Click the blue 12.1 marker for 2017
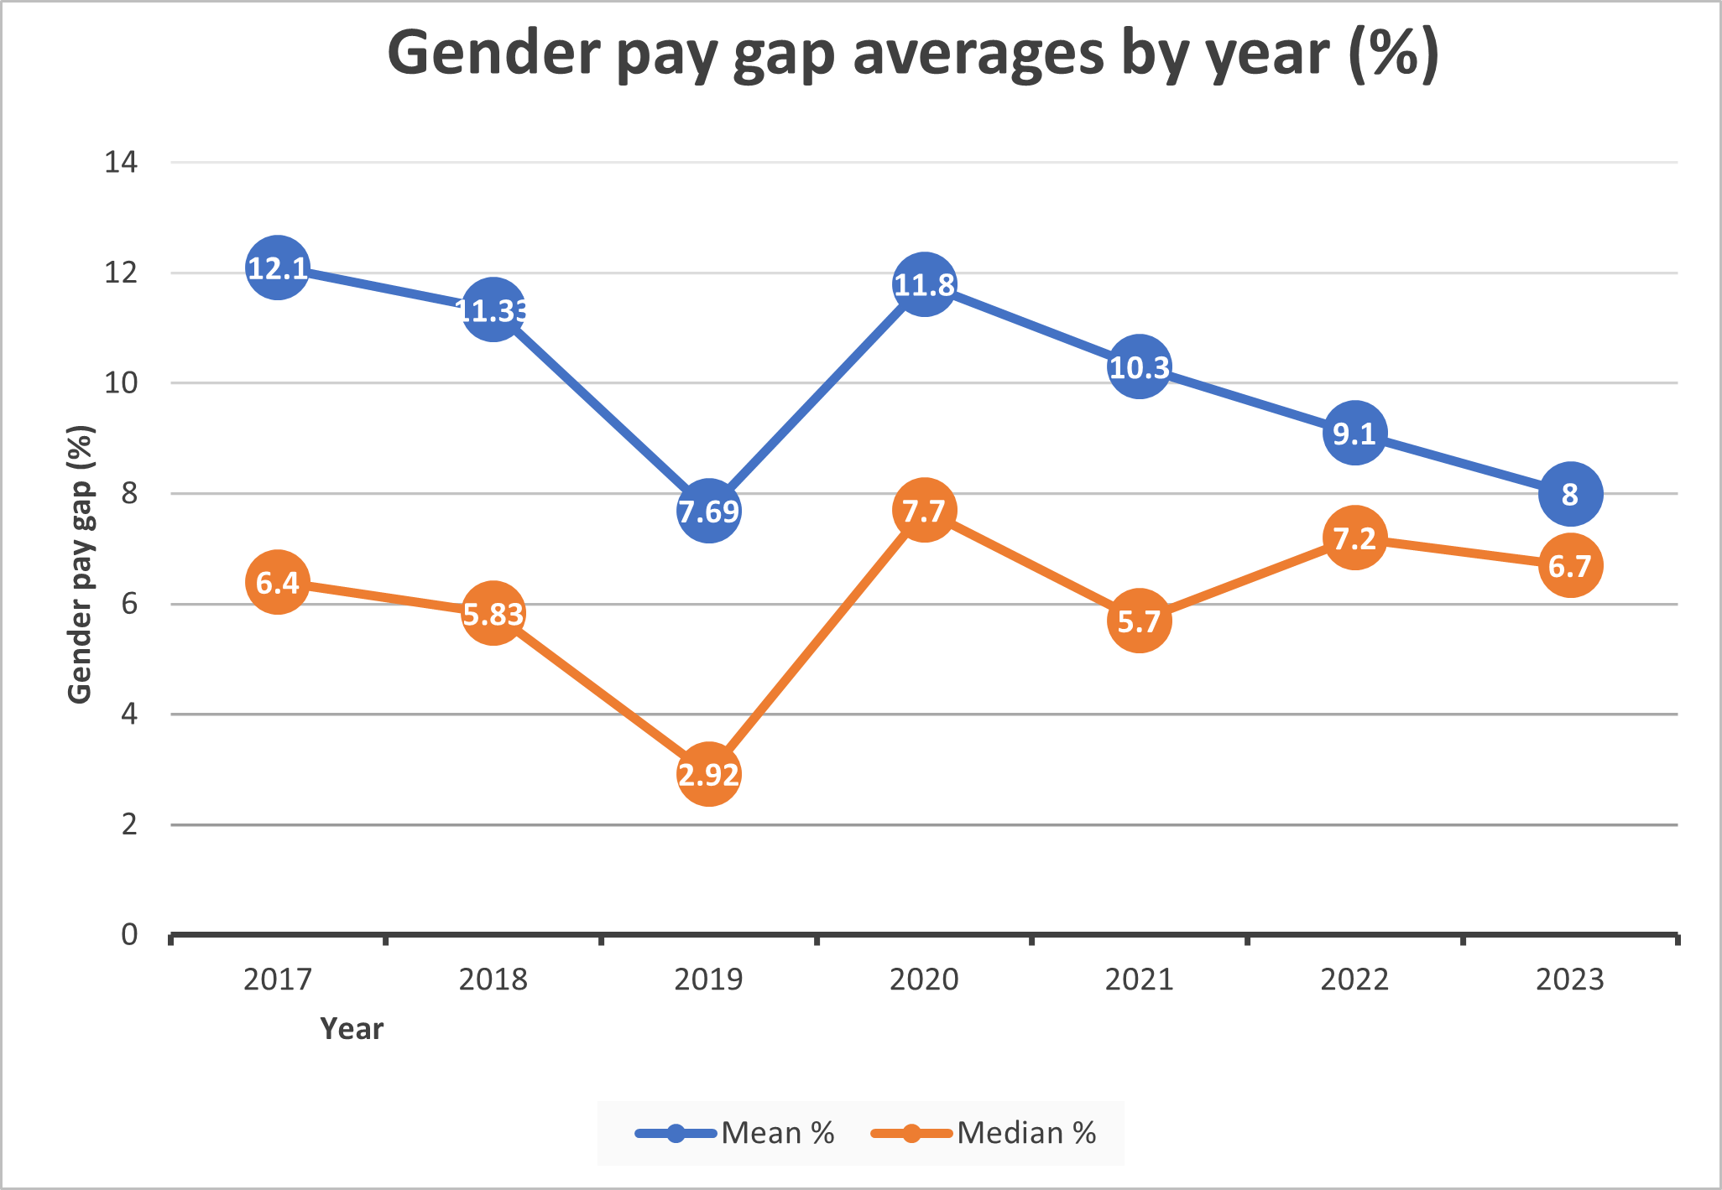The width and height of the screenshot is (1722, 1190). click(278, 268)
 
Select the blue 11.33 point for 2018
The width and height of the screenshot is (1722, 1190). click(493, 310)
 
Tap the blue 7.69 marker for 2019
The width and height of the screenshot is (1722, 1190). click(709, 511)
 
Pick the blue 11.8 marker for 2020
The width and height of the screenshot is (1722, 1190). click(924, 284)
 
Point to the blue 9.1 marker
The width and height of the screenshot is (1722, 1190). click(1354, 433)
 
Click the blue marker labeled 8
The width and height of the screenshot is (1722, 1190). click(1570, 494)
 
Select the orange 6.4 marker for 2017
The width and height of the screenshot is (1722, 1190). click(278, 582)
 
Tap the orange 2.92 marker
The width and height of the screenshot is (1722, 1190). click(709, 774)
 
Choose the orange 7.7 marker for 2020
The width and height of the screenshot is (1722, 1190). click(924, 510)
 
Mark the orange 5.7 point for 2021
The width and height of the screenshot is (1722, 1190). click(1140, 621)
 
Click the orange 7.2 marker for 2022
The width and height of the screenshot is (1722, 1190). click(1354, 538)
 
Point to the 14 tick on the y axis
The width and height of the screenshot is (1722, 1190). click(121, 162)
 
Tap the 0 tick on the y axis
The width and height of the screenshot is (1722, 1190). click(129, 934)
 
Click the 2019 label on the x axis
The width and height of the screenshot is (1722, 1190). click(709, 979)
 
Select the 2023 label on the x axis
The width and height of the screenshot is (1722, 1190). click(1570, 979)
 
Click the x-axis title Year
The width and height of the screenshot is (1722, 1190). click(352, 1028)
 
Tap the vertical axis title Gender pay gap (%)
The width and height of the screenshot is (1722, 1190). click(80, 564)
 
